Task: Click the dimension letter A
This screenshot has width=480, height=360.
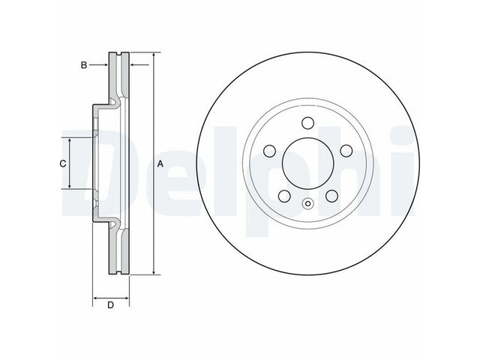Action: coord(160,164)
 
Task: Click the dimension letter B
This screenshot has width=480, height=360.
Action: coord(84,65)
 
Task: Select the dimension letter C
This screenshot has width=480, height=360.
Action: coord(63,163)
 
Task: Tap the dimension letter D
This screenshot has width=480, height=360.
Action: coord(110,305)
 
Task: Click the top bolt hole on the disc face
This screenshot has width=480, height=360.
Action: coord(307,123)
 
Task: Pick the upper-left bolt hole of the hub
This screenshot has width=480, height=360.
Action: coord(270,151)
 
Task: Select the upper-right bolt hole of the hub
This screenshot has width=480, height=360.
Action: coord(346,151)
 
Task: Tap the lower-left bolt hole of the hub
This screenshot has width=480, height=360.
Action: coord(284,196)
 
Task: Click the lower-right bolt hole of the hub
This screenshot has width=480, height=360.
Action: coord(331,196)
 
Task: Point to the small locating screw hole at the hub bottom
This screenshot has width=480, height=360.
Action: coord(308,203)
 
